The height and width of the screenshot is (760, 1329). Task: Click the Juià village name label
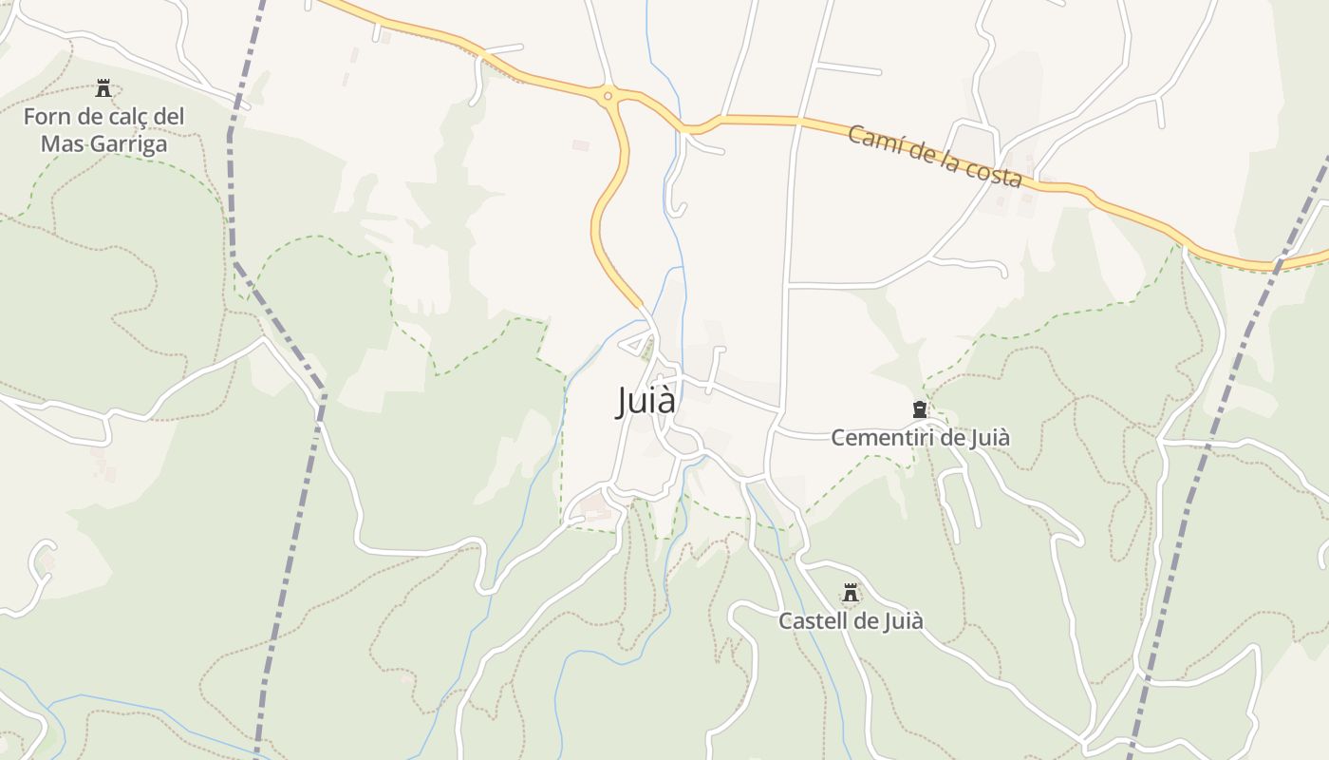pyautogui.click(x=646, y=401)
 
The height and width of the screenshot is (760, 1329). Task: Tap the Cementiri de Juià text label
pyautogui.click(x=920, y=438)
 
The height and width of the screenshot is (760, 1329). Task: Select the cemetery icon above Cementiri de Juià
pyautogui.click(x=919, y=409)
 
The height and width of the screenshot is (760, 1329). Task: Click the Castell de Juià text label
pyautogui.click(x=851, y=621)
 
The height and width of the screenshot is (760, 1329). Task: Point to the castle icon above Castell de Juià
pyautogui.click(x=851, y=594)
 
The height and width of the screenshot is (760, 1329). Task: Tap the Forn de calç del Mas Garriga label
pyautogui.click(x=103, y=130)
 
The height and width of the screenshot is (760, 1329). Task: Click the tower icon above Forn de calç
pyautogui.click(x=103, y=89)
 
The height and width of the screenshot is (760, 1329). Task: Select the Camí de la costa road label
pyautogui.click(x=934, y=157)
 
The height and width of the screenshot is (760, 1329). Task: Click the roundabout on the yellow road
pyautogui.click(x=608, y=95)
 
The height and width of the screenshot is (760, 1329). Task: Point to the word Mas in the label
pyautogui.click(x=59, y=144)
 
